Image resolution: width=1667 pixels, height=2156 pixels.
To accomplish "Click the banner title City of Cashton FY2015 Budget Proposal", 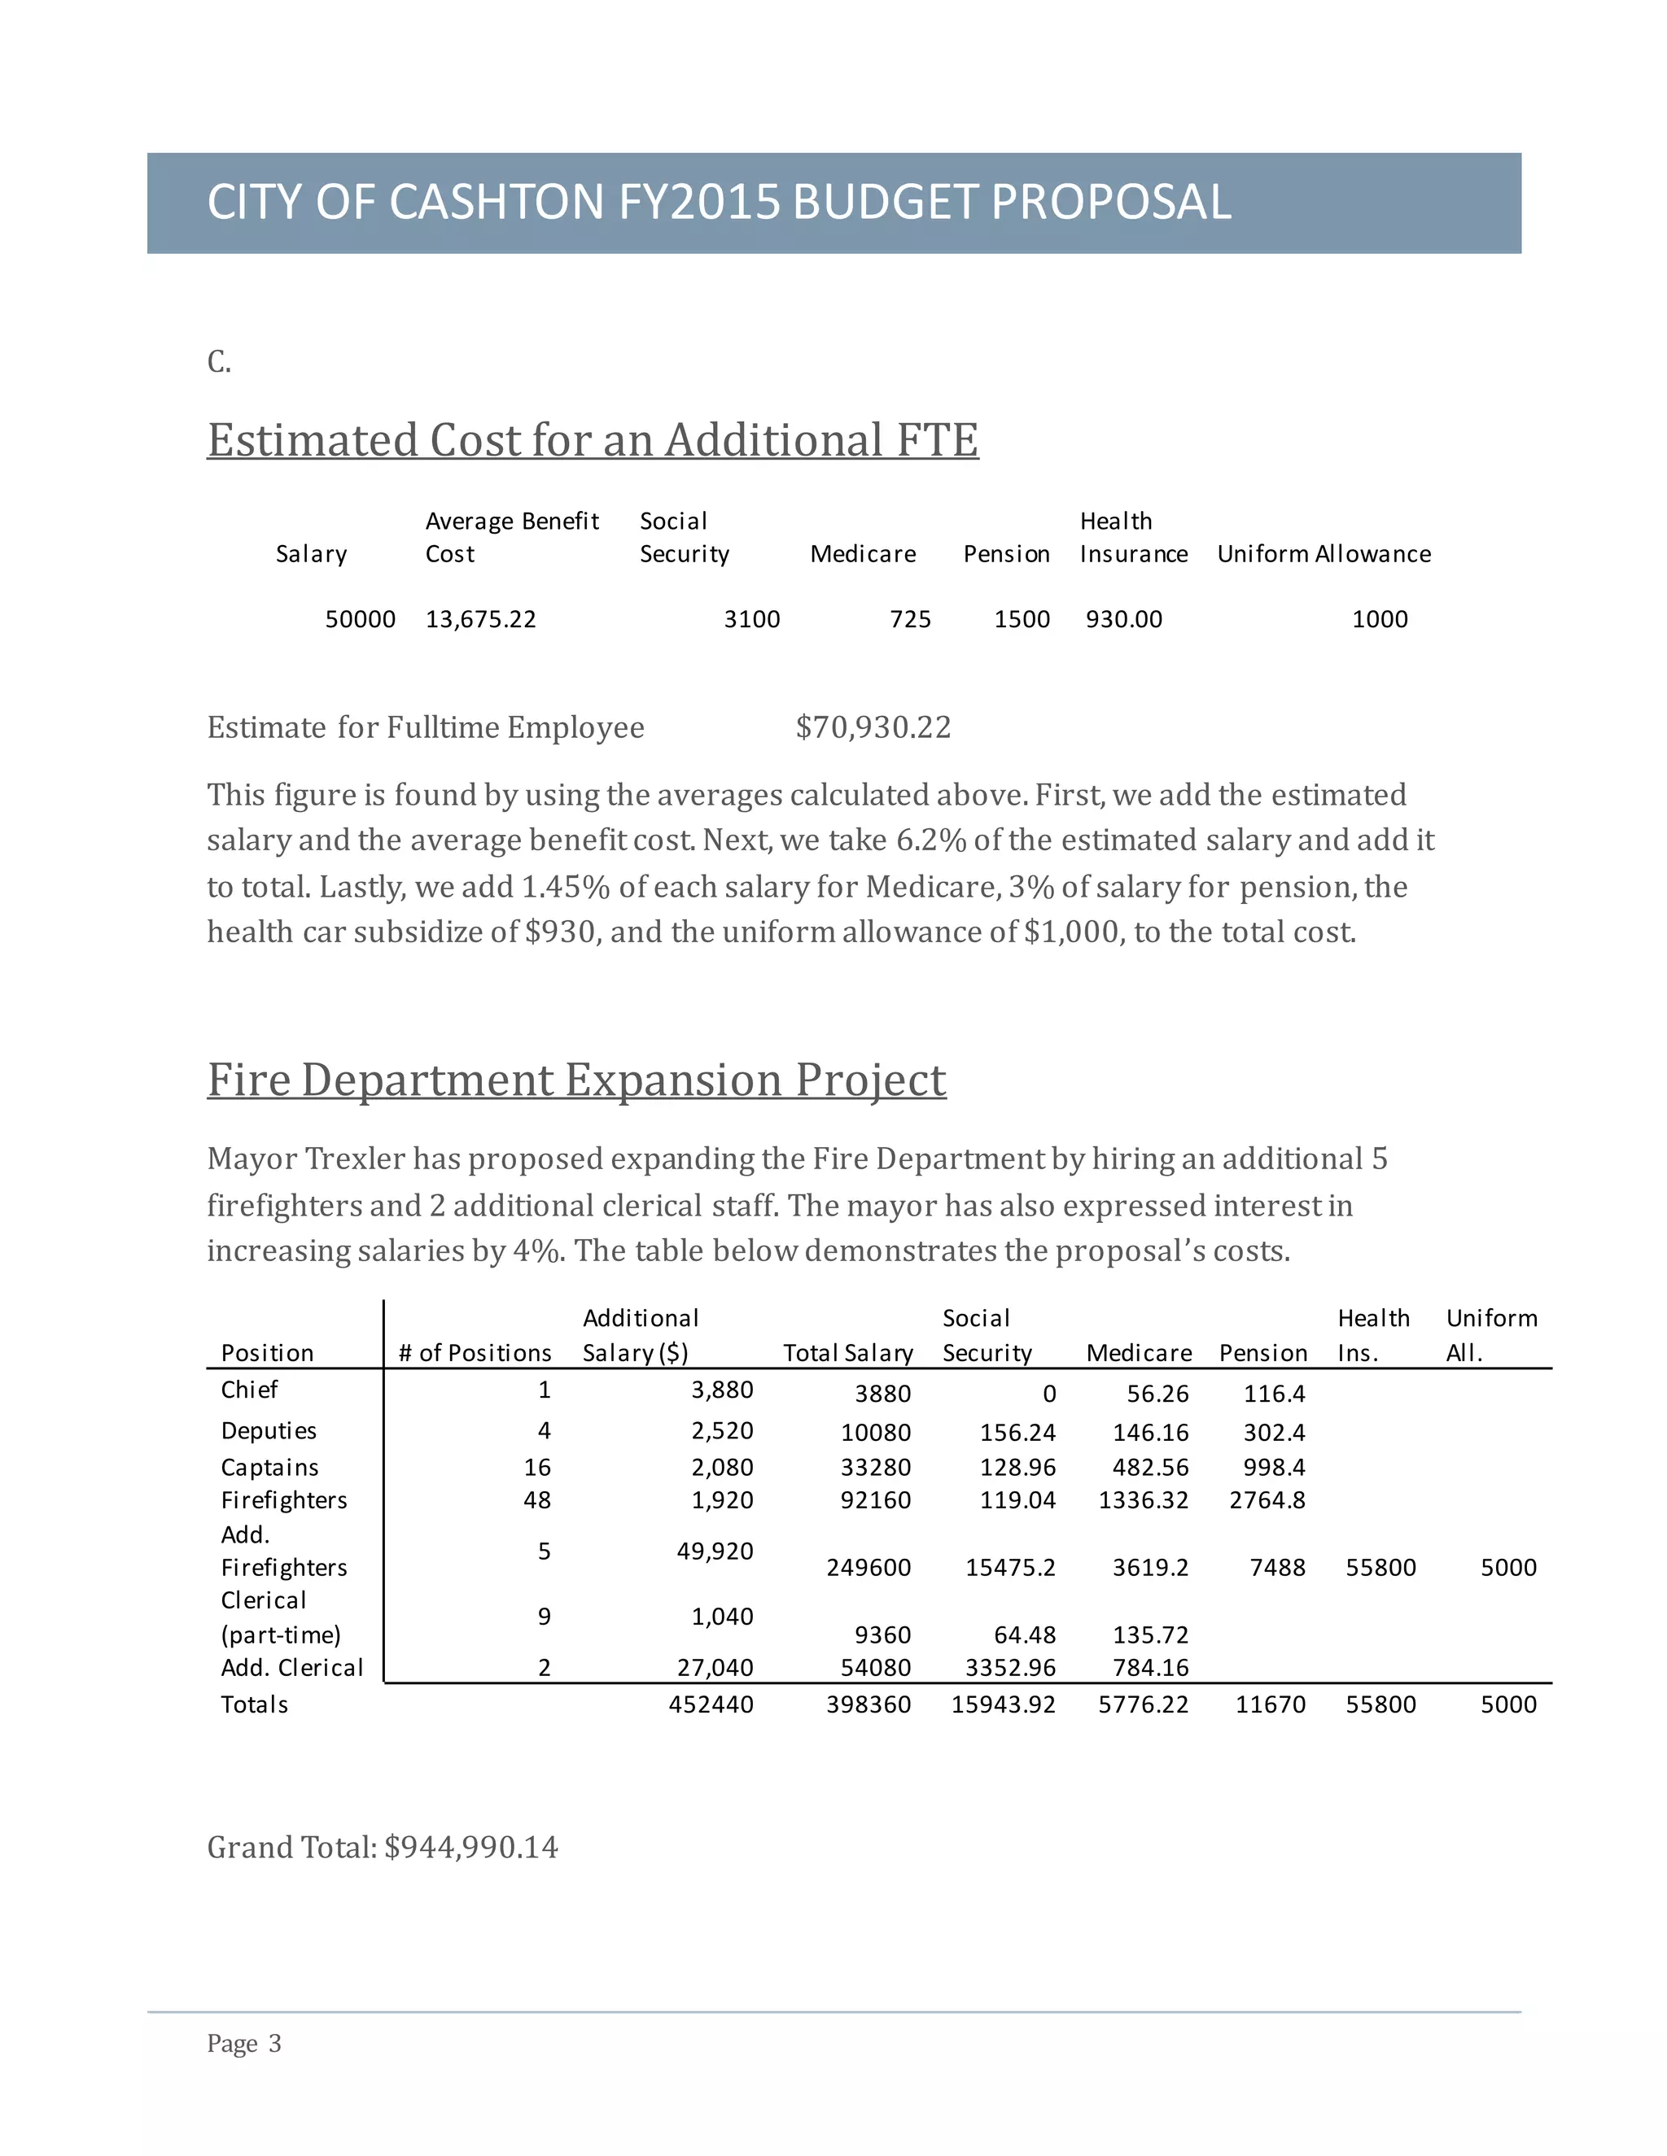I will tap(718, 203).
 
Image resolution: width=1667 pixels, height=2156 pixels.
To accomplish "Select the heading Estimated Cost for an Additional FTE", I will tap(593, 440).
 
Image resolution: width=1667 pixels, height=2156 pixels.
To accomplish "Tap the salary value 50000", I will tap(361, 619).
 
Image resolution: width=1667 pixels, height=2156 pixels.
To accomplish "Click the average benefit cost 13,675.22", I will tap(480, 619).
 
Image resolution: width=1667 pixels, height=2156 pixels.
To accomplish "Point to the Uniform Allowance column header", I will tap(1324, 554).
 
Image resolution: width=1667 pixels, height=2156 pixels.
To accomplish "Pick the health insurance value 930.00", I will tap(1124, 619).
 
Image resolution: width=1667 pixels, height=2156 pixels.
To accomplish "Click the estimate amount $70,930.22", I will tap(873, 727).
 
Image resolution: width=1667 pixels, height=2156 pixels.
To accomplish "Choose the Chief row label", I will tap(249, 1390).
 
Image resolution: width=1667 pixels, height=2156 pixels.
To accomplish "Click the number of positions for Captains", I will tap(536, 1468).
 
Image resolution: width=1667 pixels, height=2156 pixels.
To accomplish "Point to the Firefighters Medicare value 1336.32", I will tap(1143, 1500).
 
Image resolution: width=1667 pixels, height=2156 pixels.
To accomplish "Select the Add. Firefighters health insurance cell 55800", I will tap(1380, 1568).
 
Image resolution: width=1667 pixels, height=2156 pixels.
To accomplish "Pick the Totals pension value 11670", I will tap(1270, 1704).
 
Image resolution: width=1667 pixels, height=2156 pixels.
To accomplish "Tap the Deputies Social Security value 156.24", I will tap(1017, 1433).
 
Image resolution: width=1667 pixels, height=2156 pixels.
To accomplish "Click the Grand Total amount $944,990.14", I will tap(471, 1847).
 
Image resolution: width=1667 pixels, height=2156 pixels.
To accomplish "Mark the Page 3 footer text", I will tap(244, 2044).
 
